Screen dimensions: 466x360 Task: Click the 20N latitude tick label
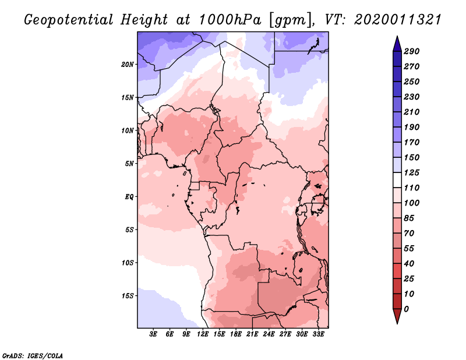[128, 65]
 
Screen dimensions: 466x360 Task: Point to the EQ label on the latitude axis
[129, 197]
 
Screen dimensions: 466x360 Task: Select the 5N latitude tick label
[129, 164]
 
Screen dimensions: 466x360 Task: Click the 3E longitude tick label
[153, 334]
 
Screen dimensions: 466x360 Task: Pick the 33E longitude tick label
[318, 334]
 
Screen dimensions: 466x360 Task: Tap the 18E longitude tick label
[236, 334]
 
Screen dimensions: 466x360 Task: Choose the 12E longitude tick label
[203, 334]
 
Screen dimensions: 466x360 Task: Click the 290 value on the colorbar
[412, 51]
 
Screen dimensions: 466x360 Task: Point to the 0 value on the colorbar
[406, 309]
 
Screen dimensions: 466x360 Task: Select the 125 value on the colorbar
[412, 172]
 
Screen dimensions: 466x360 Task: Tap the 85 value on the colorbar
[409, 218]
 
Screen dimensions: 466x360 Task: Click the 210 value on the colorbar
[412, 112]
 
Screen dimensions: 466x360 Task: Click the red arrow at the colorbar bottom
[397, 316]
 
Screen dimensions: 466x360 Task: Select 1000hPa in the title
[230, 20]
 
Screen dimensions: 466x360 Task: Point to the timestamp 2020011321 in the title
[398, 20]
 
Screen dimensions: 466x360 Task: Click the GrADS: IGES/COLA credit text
[33, 356]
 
